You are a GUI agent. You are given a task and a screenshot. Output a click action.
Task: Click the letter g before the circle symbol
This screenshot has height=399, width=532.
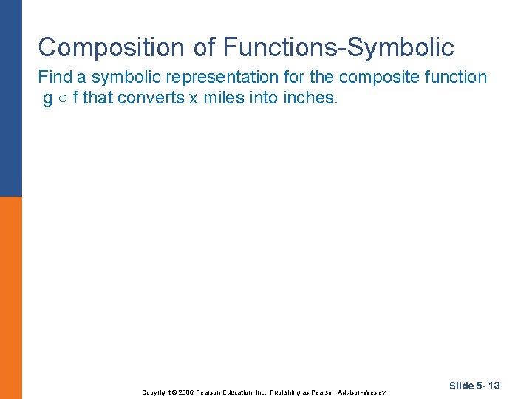[x=48, y=98]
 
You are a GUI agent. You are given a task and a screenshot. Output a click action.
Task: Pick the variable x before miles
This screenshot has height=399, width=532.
[x=193, y=99]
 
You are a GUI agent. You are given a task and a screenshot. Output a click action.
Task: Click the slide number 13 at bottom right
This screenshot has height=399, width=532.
[x=494, y=386]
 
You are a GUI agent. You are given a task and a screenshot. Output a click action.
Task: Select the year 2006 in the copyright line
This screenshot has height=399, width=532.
[x=185, y=392]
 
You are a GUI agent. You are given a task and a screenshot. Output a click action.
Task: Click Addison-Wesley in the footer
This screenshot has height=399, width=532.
[x=362, y=392]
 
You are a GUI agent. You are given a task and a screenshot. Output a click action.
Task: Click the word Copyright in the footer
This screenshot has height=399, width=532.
[x=156, y=392]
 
